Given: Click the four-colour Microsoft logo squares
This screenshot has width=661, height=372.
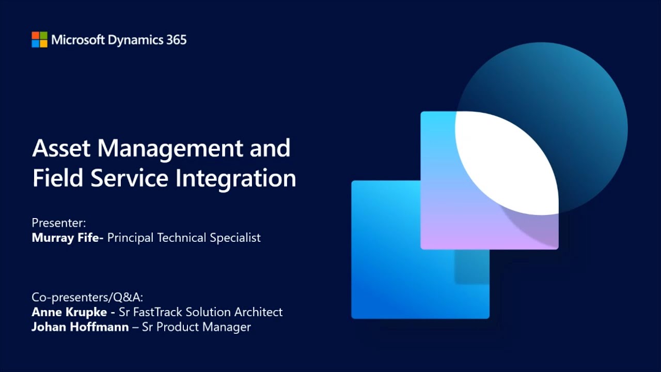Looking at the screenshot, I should (39, 40).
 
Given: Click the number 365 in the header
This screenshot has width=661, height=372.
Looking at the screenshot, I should (176, 40).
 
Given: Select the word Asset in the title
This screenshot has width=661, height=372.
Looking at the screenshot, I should (61, 148).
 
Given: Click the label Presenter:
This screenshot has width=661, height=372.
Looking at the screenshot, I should (58, 223).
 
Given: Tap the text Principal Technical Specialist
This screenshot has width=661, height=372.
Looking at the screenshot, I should (184, 238).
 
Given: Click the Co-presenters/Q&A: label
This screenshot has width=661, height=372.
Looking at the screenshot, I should (87, 297).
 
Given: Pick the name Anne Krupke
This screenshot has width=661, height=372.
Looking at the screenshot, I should (69, 312).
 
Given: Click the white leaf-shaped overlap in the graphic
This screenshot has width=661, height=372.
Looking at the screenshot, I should (509, 160).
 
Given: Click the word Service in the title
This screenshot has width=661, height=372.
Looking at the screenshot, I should (130, 178).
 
